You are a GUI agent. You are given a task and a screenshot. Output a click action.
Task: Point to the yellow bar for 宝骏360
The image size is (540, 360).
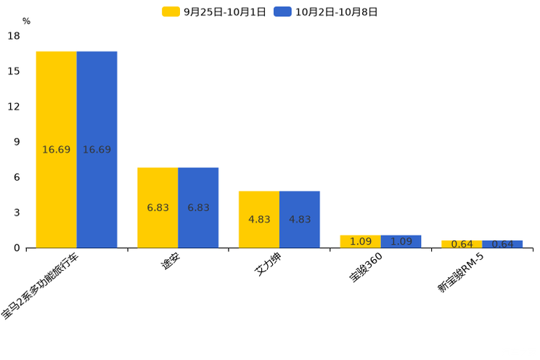(360, 241)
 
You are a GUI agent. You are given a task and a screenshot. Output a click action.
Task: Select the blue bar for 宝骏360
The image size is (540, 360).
(401, 241)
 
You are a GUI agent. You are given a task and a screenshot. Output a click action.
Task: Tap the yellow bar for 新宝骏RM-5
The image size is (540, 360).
(462, 244)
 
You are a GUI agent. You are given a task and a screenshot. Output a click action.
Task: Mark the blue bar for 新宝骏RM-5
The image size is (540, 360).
(502, 244)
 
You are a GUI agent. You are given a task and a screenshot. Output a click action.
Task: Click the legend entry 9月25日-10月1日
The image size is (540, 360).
(214, 12)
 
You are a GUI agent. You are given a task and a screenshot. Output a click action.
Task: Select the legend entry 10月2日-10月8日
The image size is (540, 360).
(326, 12)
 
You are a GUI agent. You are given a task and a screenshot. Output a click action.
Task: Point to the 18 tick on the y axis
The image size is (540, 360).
(14, 36)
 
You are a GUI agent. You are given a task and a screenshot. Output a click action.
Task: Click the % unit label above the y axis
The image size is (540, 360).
(26, 21)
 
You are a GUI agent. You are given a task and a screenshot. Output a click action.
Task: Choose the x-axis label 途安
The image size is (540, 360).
(170, 263)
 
